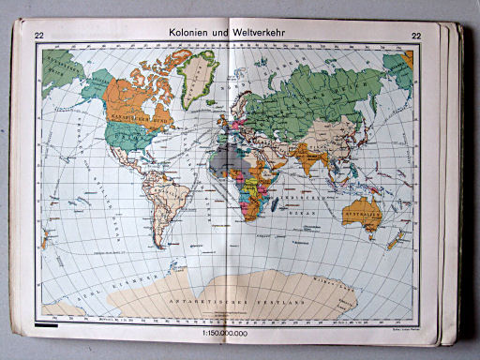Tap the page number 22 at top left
(x=39, y=36)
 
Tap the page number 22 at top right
(x=415, y=36)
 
